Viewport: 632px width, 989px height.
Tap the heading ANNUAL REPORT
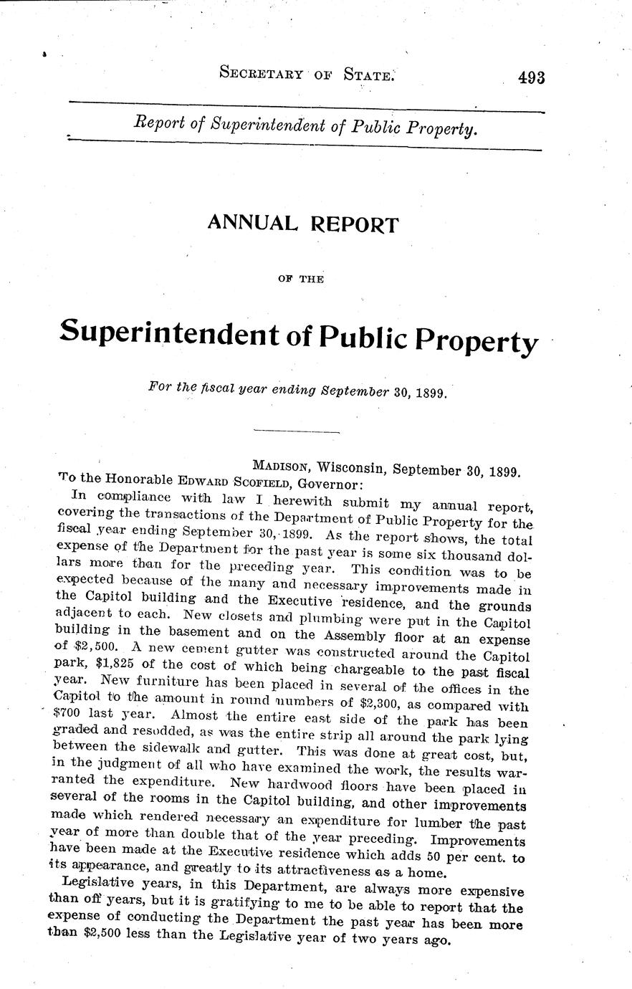point(302,224)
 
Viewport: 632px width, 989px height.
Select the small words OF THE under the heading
point(300,279)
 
